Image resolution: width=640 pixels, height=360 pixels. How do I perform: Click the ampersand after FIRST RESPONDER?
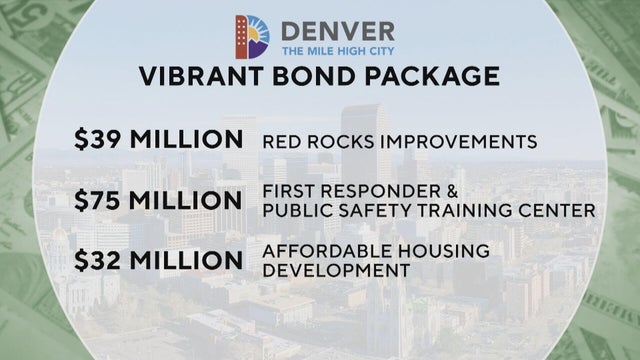click(436, 191)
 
